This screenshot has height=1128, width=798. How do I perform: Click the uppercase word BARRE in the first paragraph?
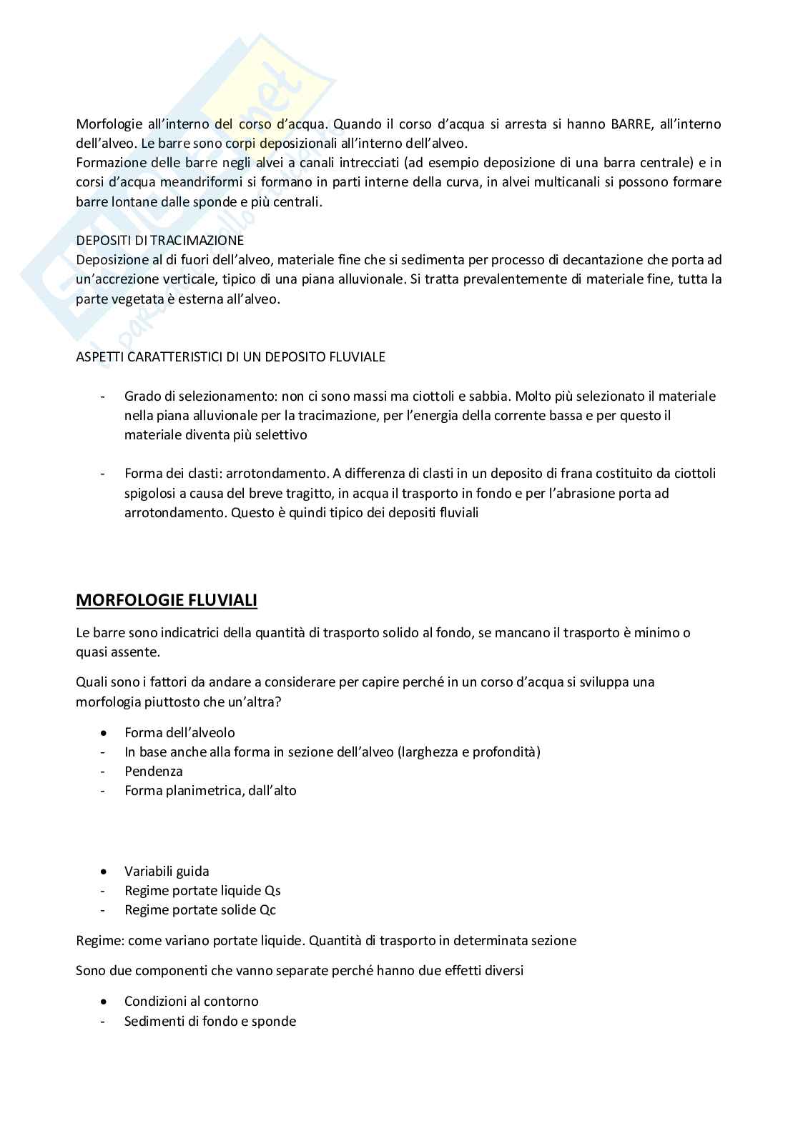(x=630, y=124)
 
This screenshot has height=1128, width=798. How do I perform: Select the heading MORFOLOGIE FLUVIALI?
(x=166, y=600)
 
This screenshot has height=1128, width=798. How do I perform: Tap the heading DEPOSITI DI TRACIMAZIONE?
(x=159, y=241)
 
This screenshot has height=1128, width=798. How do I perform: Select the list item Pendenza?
(x=154, y=772)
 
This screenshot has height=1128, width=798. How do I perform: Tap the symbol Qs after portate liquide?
(x=272, y=891)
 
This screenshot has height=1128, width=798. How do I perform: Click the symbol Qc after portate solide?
(x=267, y=910)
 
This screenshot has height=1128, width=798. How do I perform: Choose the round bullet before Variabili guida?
(x=105, y=872)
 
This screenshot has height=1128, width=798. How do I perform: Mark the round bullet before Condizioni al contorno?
(x=105, y=1002)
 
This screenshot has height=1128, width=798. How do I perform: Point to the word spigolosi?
(x=151, y=493)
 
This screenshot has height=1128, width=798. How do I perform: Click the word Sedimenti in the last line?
(x=154, y=1022)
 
